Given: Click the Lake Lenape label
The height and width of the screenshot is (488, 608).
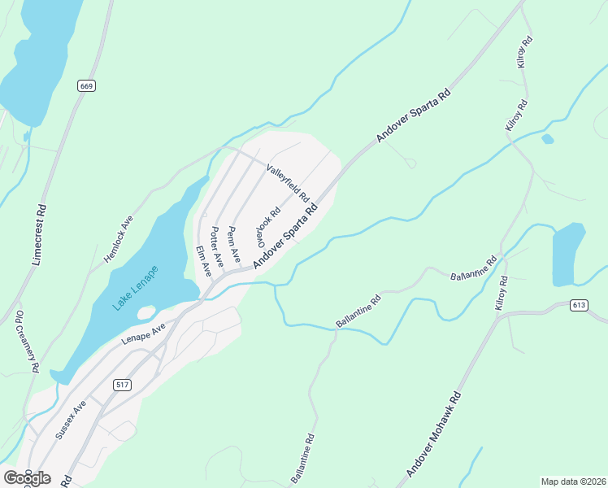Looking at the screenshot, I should [x=137, y=285].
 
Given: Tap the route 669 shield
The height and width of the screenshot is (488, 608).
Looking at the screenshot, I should [x=85, y=85].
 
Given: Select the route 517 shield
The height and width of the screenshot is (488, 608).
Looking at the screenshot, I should [x=122, y=385].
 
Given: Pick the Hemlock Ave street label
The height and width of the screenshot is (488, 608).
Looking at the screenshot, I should [x=119, y=240].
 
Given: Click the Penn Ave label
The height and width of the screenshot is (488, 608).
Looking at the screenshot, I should [x=233, y=245].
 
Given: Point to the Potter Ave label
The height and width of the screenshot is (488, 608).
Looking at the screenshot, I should [x=217, y=245].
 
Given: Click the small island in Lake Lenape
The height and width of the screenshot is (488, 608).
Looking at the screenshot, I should [x=146, y=312].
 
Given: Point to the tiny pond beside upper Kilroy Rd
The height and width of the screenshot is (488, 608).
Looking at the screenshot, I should [x=548, y=138].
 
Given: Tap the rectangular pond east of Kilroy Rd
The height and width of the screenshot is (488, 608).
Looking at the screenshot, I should [x=568, y=255].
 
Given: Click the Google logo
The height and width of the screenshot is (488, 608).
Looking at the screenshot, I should [x=27, y=477].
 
